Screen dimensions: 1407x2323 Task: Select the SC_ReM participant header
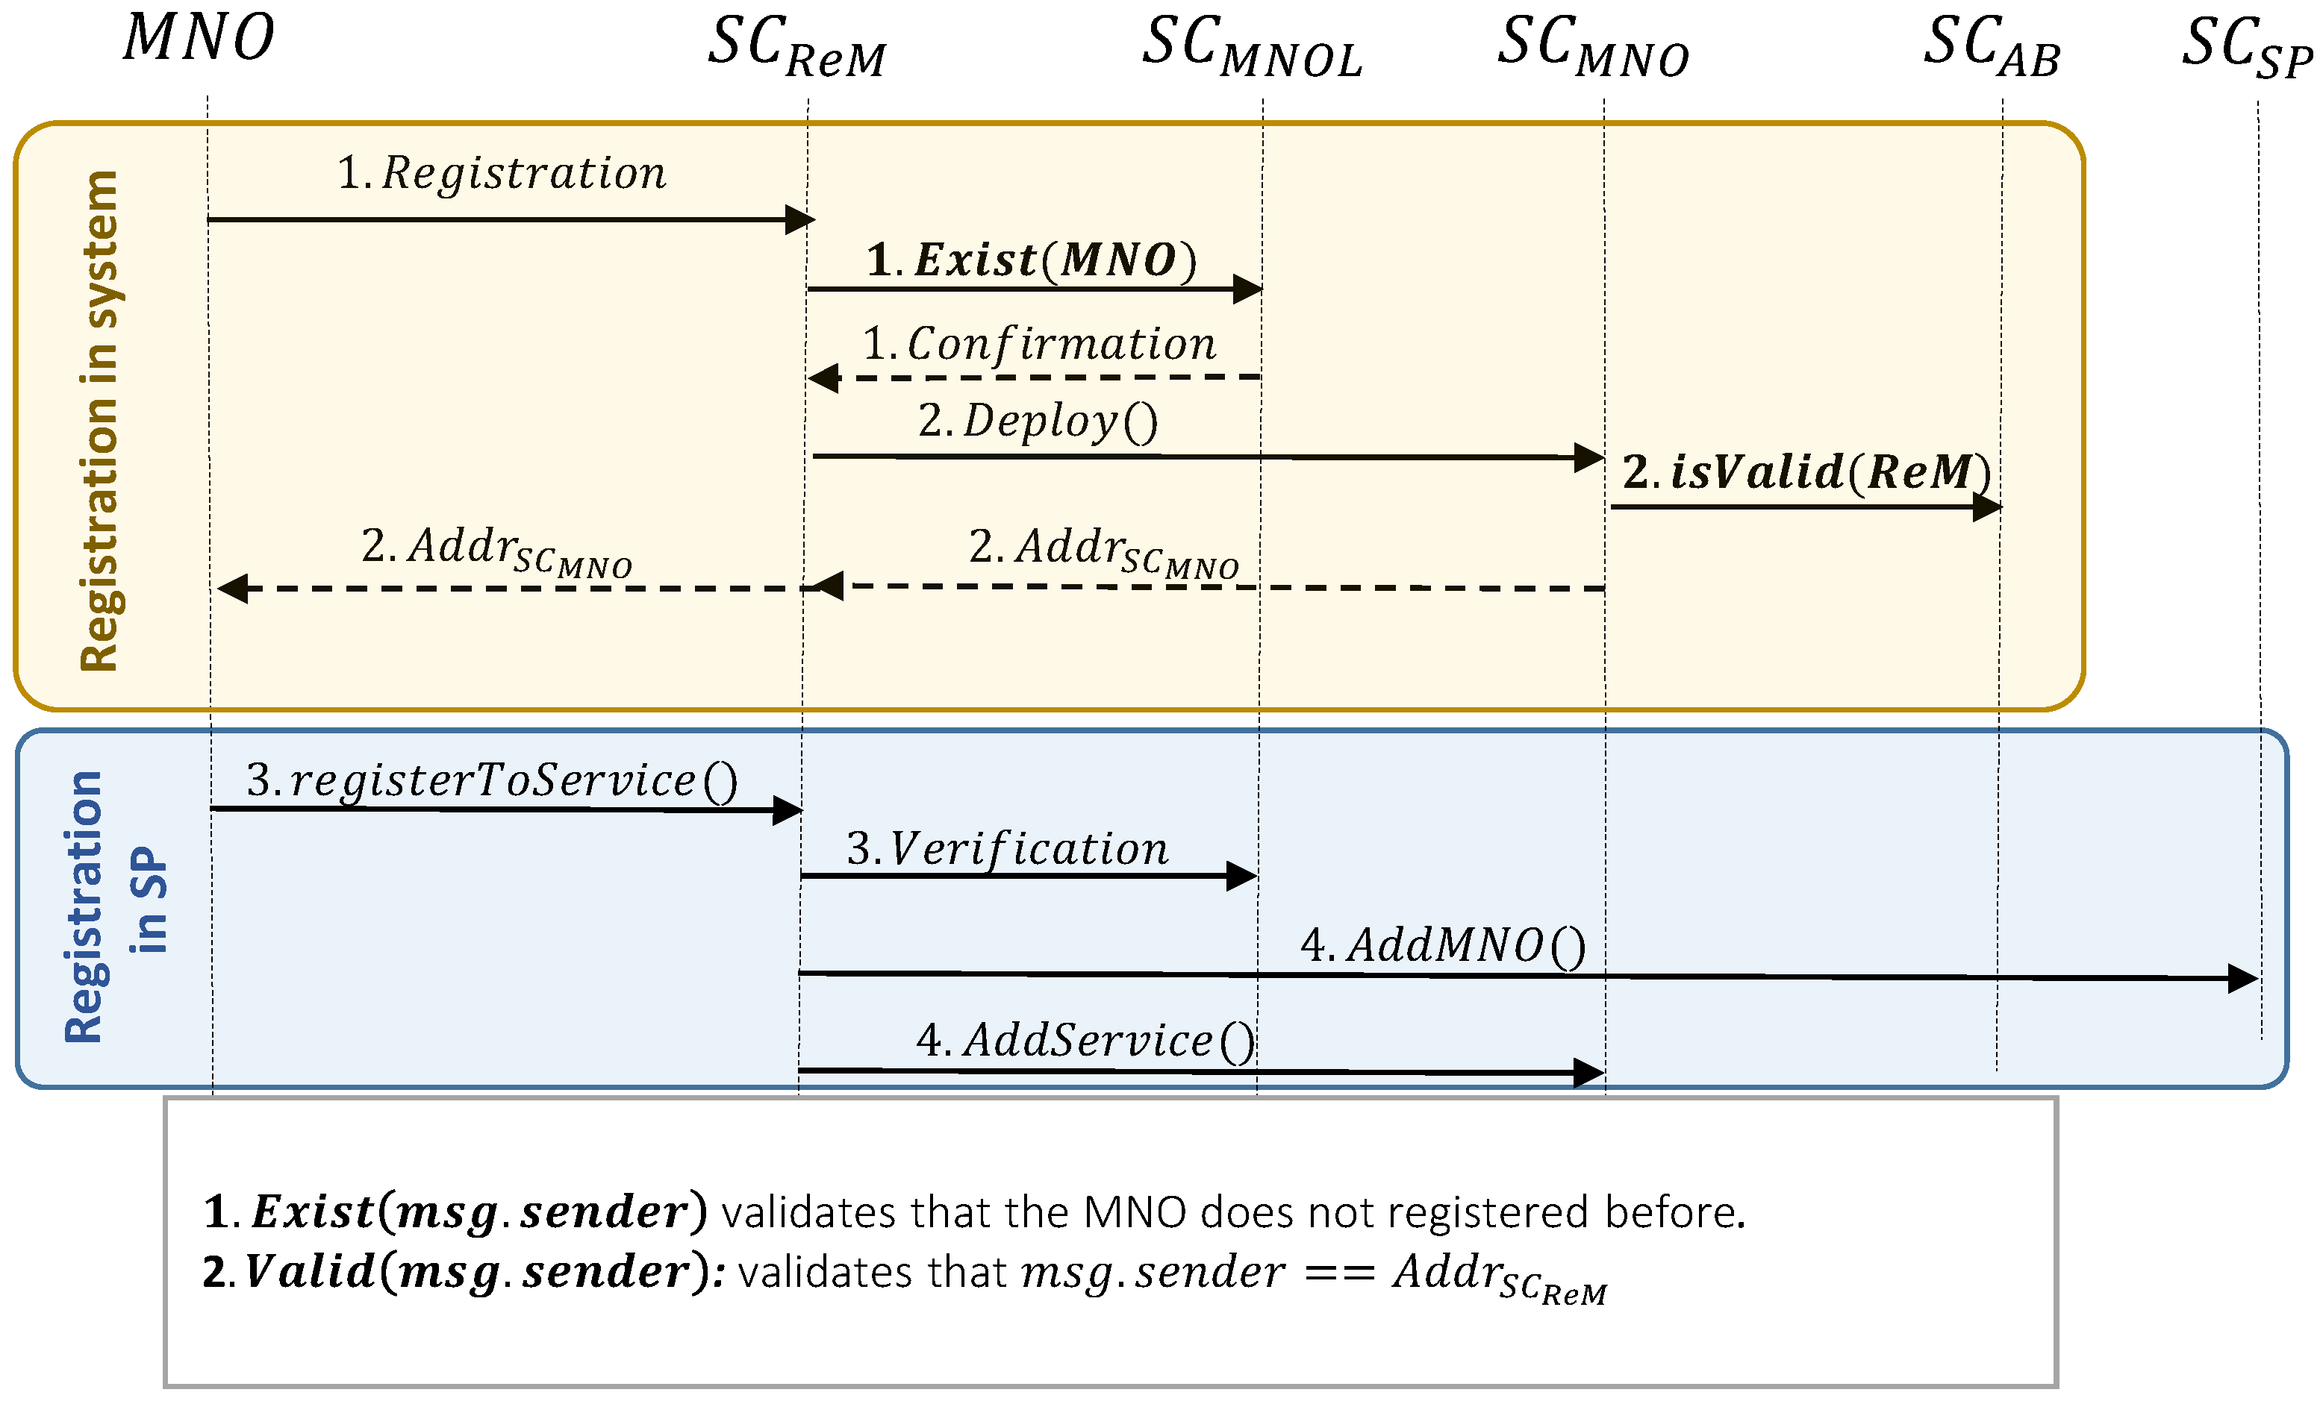tap(796, 47)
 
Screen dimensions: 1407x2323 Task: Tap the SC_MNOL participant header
tap(1252, 47)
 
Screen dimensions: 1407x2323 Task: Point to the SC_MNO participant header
tap(1593, 47)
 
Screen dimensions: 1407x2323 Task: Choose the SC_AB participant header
tap(1991, 47)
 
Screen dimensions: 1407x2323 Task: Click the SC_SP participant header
tap(2247, 47)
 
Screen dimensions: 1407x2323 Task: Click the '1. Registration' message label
tap(502, 173)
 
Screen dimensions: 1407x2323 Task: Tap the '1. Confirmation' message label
tap(1039, 344)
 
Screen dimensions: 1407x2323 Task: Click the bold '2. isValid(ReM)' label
tap(1806, 471)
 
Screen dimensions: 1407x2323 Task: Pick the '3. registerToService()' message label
tap(491, 781)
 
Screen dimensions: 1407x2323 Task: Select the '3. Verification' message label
tap(1007, 849)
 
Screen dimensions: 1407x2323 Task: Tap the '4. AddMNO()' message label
tap(1442, 945)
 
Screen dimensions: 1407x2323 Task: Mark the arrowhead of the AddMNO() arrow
tap(2243, 978)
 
